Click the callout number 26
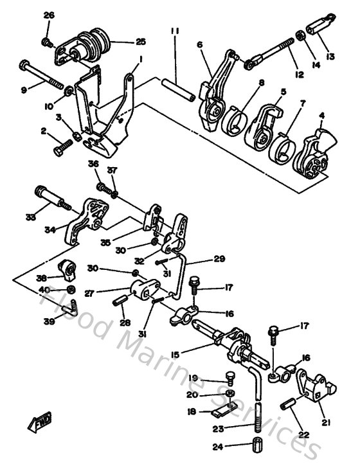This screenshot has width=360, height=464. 49,15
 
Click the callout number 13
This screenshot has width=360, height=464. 331,55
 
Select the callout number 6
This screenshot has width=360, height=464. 199,44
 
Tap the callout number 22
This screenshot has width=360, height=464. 303,434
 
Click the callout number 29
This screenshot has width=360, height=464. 202,260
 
